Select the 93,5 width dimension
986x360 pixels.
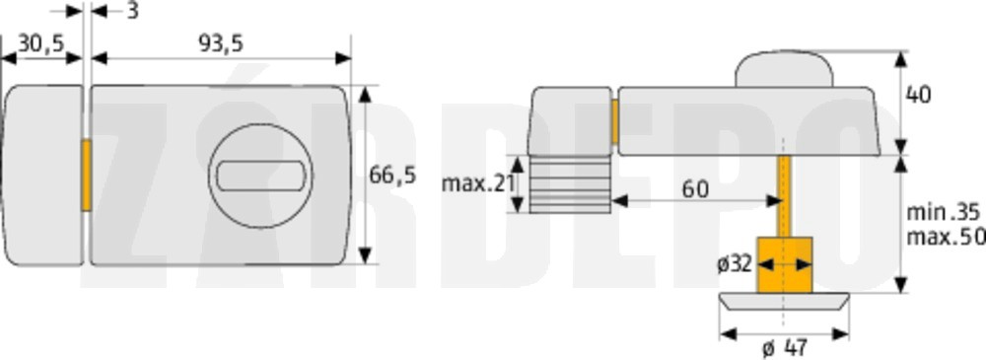221,43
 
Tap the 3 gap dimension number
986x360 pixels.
133,10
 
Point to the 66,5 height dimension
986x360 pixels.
392,176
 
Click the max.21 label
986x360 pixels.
478,183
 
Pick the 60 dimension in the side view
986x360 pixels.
695,188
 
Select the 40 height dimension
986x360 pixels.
918,95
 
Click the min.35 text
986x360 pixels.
941,213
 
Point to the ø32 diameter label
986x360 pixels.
735,264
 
